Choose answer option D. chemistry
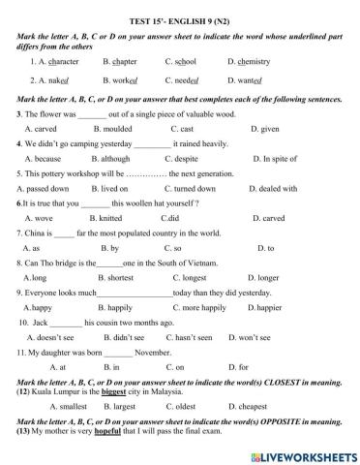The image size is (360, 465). tap(252, 62)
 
